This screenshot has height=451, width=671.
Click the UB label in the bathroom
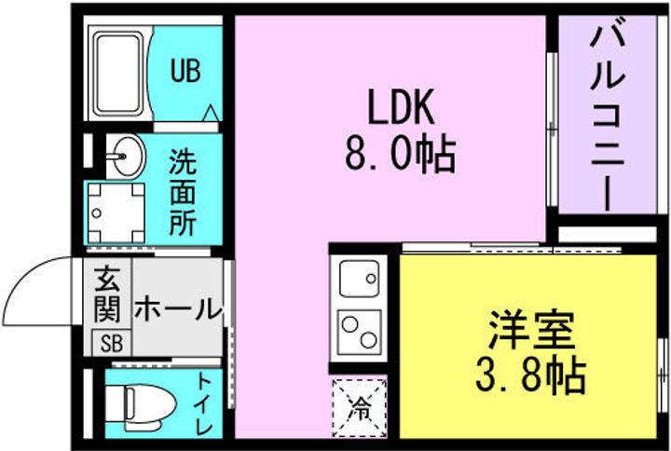185,72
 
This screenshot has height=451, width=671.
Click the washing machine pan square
116,210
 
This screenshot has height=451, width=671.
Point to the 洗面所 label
182,194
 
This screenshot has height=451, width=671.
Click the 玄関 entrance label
110,294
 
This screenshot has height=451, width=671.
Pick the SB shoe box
111,342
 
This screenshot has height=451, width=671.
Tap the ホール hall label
177,308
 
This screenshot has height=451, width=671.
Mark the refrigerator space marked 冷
359,406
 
